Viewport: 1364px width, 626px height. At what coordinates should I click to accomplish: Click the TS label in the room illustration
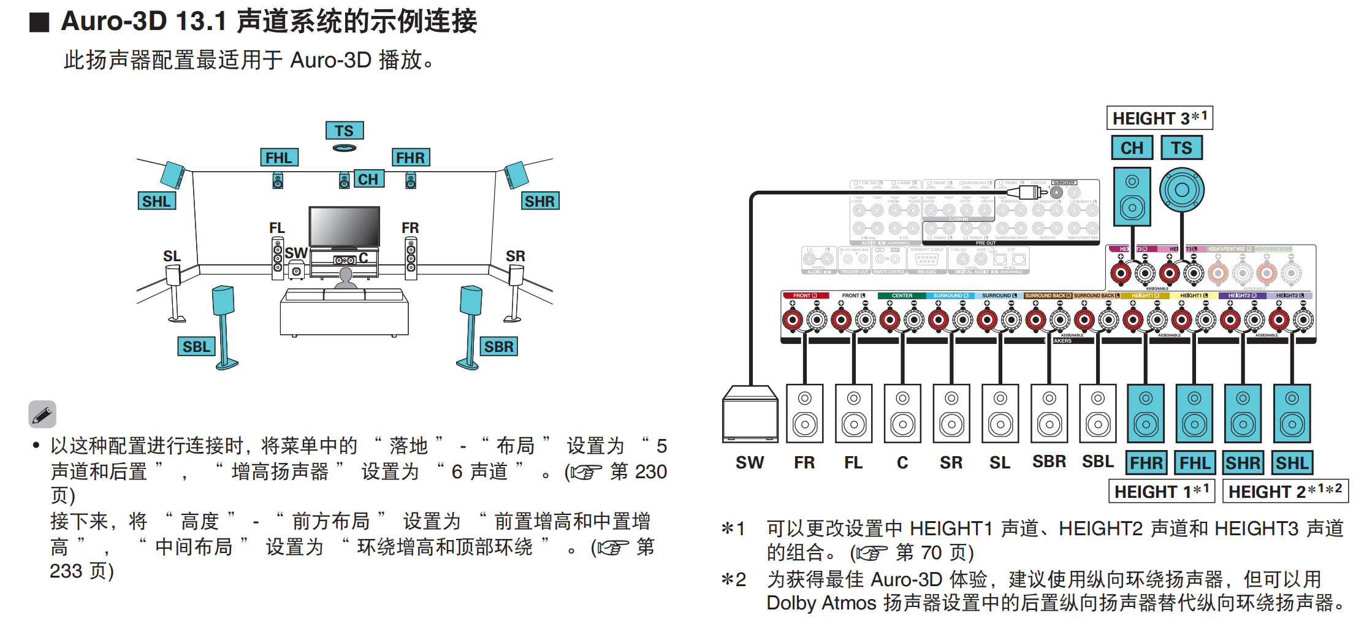(344, 131)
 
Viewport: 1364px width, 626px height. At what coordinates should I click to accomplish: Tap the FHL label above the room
(279, 158)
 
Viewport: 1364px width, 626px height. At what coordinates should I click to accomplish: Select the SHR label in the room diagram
(539, 201)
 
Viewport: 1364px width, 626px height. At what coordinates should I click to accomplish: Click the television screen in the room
(344, 226)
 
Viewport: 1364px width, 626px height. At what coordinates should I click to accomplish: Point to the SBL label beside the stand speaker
(196, 346)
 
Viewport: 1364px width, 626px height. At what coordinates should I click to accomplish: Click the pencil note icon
(42, 414)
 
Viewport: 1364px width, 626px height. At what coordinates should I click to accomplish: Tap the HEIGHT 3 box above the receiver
(1159, 118)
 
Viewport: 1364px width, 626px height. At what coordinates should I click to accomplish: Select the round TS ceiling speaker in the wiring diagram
(1182, 190)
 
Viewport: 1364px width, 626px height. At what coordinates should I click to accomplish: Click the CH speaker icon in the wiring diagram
(1132, 197)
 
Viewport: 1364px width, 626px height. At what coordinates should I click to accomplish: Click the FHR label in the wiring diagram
(1146, 463)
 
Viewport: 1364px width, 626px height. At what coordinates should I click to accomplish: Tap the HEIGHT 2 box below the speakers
(1285, 491)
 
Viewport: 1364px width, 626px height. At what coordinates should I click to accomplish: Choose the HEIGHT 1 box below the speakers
(1161, 491)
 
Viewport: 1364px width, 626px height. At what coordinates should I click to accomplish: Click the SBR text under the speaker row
(1049, 462)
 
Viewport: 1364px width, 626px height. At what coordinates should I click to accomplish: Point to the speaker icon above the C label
(902, 413)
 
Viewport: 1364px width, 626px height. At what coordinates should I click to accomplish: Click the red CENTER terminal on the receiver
(890, 319)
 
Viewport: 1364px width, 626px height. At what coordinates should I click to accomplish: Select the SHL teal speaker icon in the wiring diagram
(1292, 413)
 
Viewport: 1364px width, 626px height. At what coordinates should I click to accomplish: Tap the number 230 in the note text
(650, 471)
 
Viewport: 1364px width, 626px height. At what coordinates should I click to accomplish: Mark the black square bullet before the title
(39, 22)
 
